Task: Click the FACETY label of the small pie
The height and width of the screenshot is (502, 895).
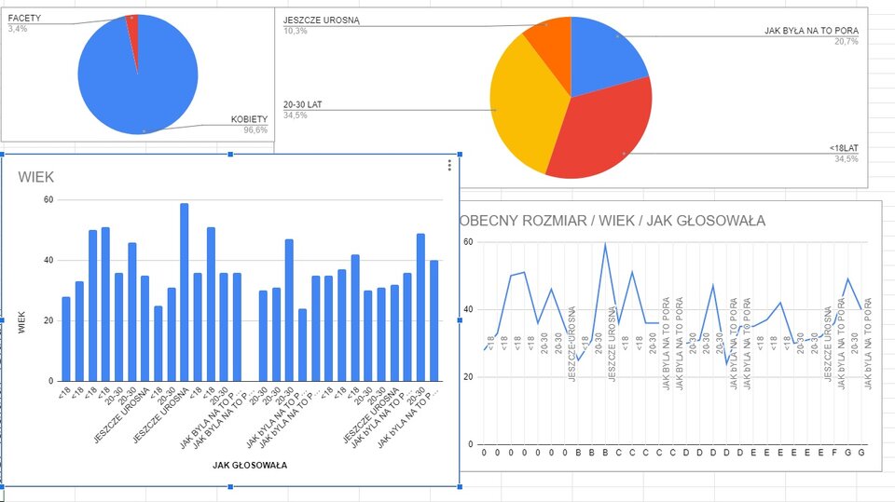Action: point(25,18)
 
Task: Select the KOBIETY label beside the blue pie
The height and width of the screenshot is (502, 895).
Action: point(249,119)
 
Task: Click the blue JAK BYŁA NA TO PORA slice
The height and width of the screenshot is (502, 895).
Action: point(606,56)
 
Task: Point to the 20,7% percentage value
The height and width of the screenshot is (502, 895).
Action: point(847,42)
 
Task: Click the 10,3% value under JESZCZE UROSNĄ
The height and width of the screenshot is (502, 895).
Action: point(296,31)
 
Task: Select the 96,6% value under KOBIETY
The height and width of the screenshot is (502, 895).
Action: point(255,130)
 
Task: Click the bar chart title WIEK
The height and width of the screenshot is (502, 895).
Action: point(35,177)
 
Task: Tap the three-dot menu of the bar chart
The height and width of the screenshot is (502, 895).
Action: point(449,166)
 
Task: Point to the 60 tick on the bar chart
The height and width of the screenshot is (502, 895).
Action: point(48,200)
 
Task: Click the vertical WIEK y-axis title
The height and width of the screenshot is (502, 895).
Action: point(21,321)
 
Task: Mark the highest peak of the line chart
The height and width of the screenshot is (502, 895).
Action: point(605,244)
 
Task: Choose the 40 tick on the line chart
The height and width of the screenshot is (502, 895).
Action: point(469,309)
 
